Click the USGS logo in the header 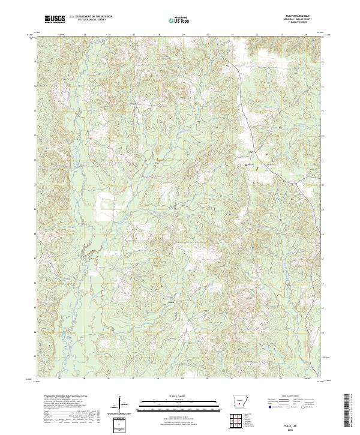(x=55, y=20)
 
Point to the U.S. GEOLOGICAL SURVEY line (x=90, y=21)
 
